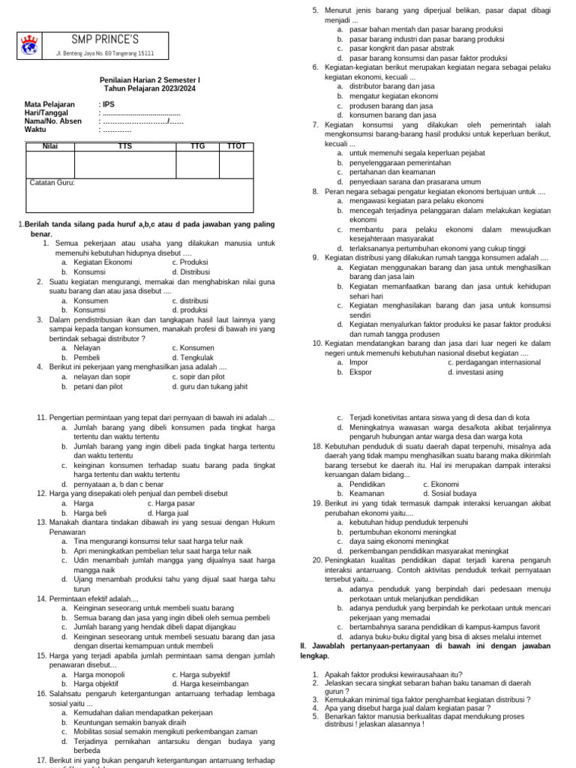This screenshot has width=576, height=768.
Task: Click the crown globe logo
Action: coord(29,44)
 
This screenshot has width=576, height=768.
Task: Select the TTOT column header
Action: coord(235,145)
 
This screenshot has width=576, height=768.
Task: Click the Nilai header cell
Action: coord(50,145)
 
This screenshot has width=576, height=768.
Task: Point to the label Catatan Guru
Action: coord(52,182)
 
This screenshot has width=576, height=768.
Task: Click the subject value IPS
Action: coord(109,104)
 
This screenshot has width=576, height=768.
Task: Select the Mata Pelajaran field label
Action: coord(49,104)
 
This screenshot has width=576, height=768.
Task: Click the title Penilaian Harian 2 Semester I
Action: coord(150,79)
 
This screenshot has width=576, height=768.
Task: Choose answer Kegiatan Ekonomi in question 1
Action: coord(96,262)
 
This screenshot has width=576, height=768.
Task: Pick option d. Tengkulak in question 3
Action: coord(193,357)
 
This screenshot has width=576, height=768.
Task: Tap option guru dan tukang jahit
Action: coord(209,387)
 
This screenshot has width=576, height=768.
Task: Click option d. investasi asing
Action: coord(475,371)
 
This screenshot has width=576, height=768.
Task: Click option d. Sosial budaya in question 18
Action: coord(449,493)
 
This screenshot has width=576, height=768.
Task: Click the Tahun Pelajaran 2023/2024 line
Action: coord(150,88)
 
